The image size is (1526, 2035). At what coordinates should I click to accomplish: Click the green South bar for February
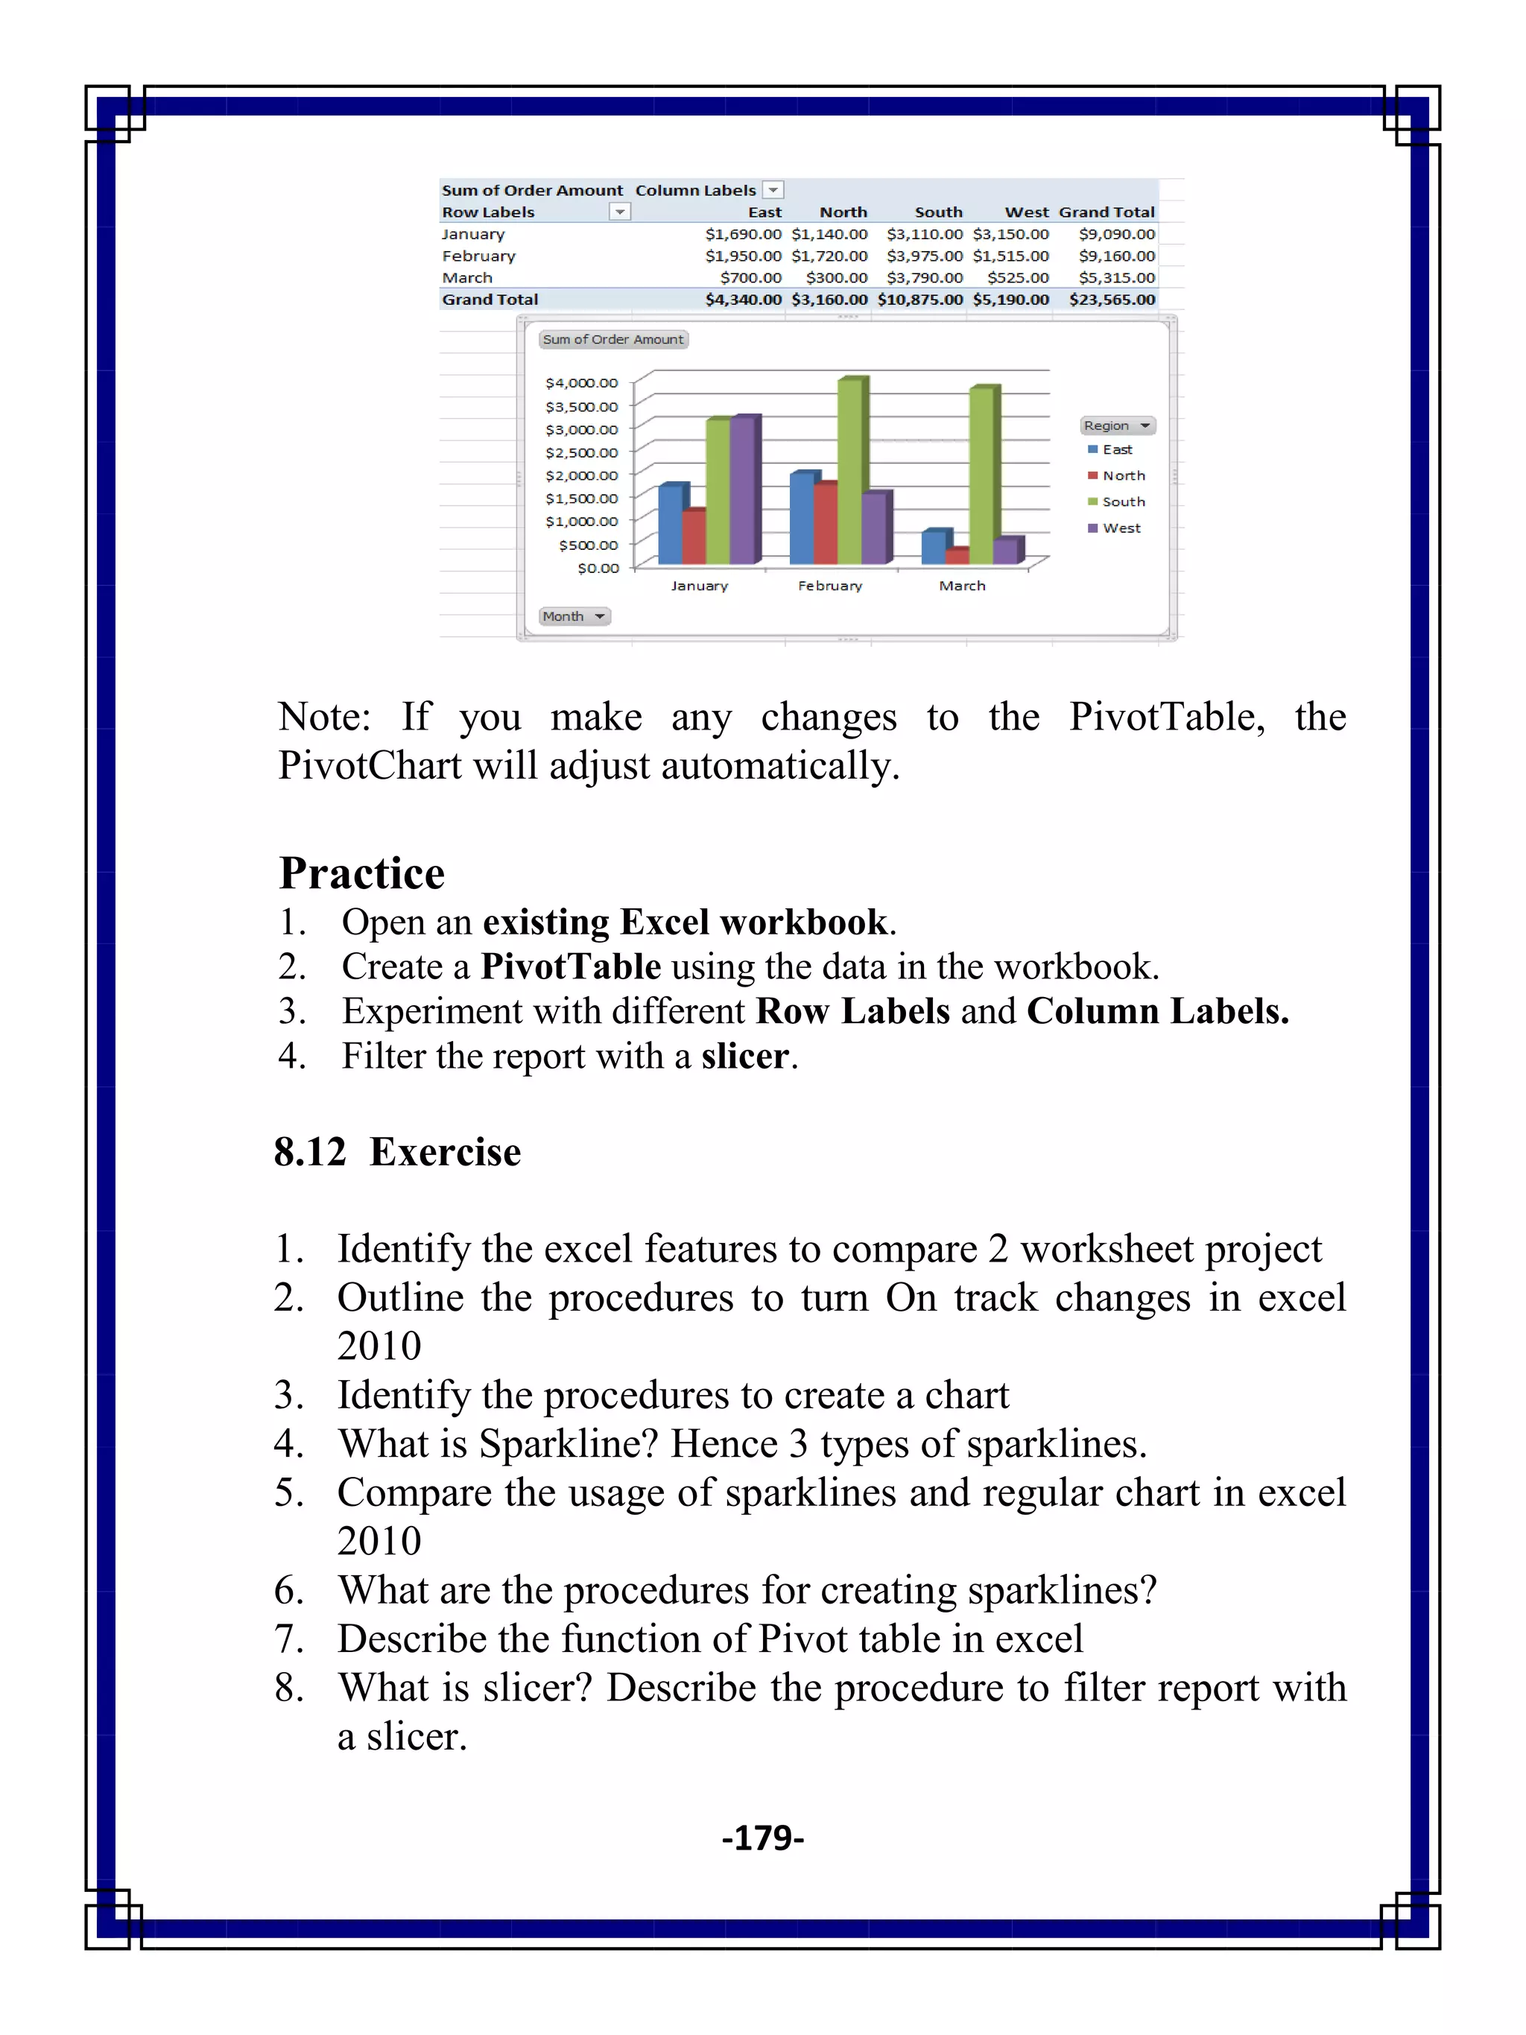pyautogui.click(x=850, y=474)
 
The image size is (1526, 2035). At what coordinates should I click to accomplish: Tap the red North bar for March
pyautogui.click(x=957, y=556)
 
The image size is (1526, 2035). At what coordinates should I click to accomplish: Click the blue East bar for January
pyautogui.click(x=671, y=525)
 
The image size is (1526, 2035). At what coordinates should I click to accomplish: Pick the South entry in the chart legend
pyautogui.click(x=1122, y=501)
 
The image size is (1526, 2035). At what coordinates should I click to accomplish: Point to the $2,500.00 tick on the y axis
pyautogui.click(x=581, y=452)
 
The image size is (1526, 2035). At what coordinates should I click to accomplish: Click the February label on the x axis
pyautogui.click(x=829, y=585)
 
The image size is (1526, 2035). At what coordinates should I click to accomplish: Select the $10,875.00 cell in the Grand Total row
pyautogui.click(x=919, y=299)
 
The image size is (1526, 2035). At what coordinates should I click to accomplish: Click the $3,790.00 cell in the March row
pyautogui.click(x=925, y=277)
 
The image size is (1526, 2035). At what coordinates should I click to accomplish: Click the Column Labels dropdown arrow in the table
pyautogui.click(x=773, y=189)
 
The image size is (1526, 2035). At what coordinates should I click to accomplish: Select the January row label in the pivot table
pyautogui.click(x=473, y=234)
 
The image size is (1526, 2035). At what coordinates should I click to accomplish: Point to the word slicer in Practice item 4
pyautogui.click(x=744, y=1055)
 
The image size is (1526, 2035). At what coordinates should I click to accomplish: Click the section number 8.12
pyautogui.click(x=310, y=1151)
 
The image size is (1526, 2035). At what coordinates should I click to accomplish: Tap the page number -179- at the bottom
pyautogui.click(x=762, y=1838)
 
